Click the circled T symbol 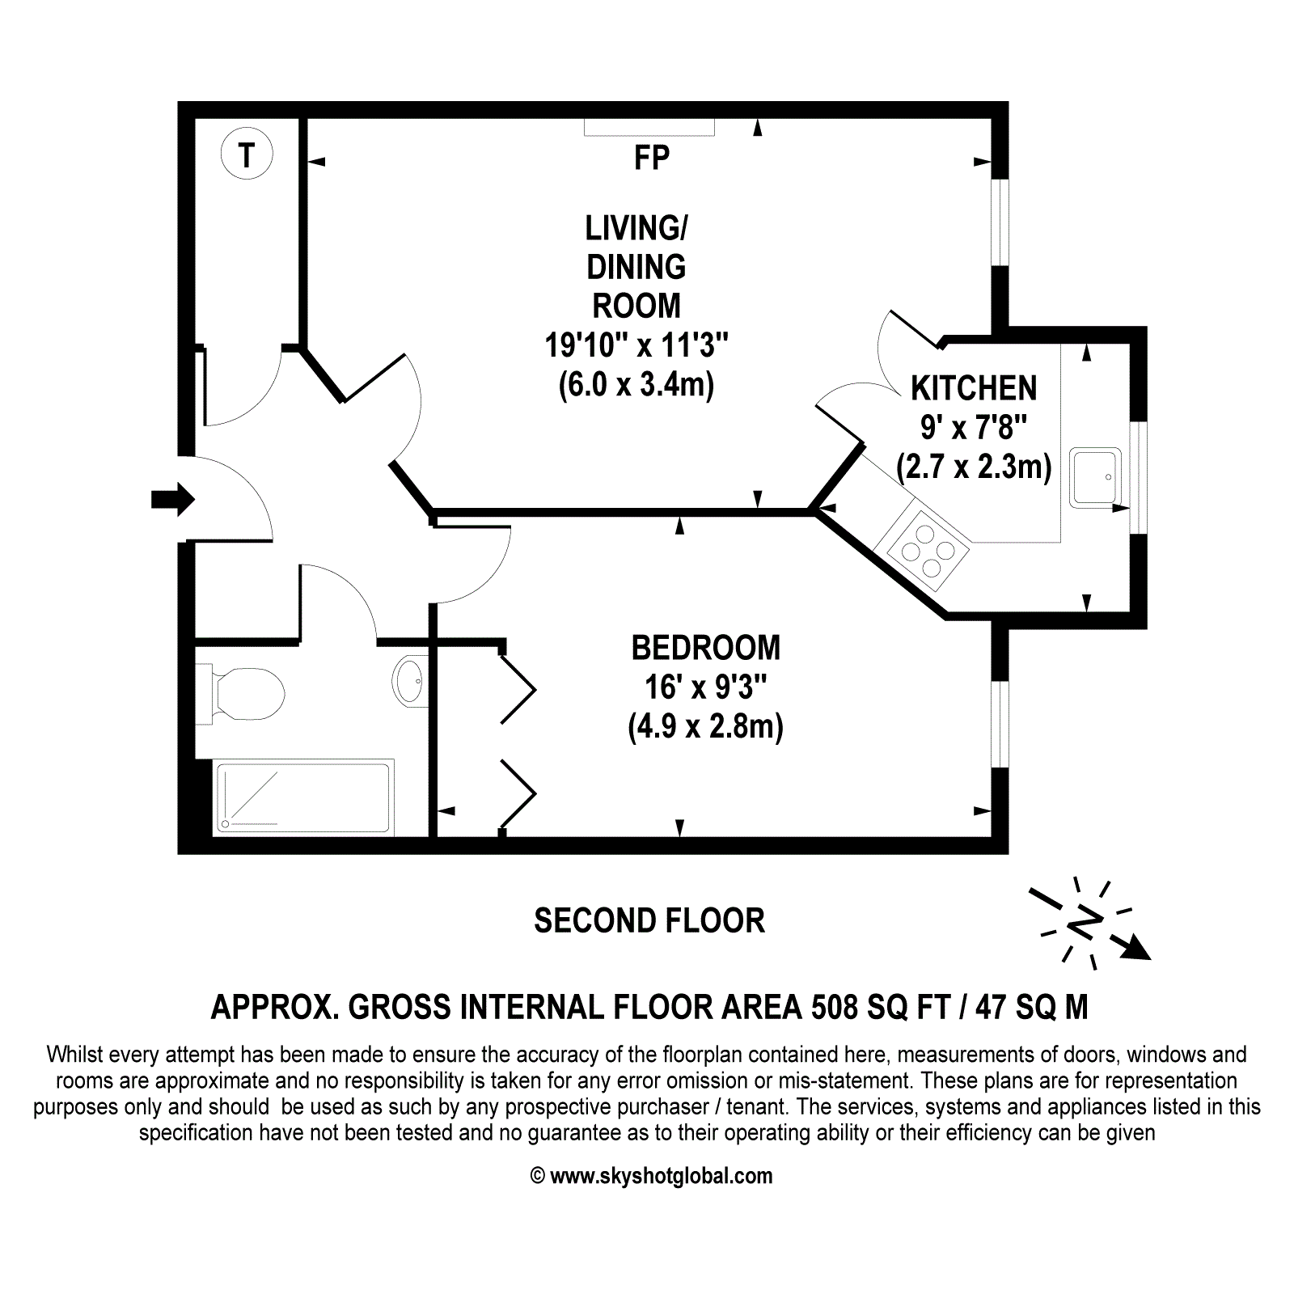point(247,154)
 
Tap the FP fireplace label point(652,158)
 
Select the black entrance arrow point(173,499)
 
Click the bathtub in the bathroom point(303,797)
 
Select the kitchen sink point(1096,477)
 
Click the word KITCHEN point(974,388)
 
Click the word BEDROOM point(706,648)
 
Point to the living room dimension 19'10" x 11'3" point(636,345)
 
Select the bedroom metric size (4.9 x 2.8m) point(706,726)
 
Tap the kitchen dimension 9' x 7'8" point(974,427)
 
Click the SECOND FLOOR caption point(649,920)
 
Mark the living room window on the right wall point(1000,222)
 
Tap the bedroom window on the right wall point(1000,723)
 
